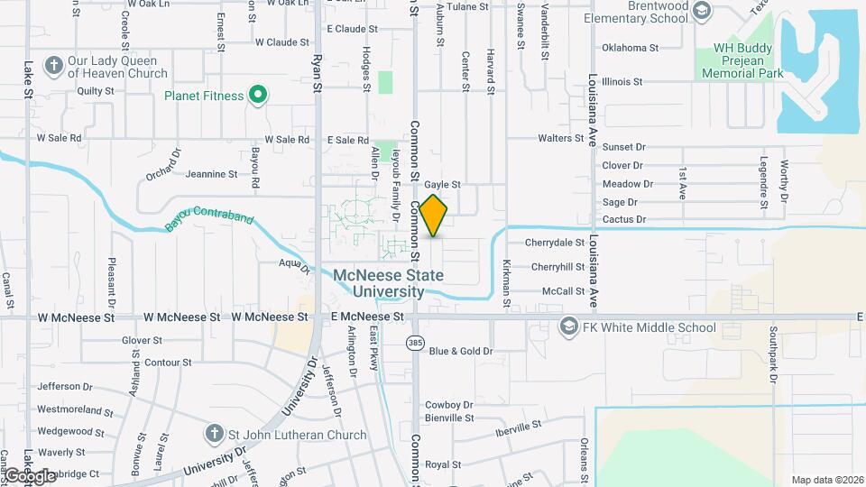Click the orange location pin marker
tap(433, 215)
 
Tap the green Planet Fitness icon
tap(258, 95)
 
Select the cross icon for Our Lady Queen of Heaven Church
tap(53, 65)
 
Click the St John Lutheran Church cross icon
tap(214, 434)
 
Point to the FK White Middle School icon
tap(568, 326)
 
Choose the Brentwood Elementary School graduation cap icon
tap(704, 11)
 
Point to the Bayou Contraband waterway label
tap(209, 221)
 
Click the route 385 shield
tap(415, 343)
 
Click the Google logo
tap(29, 475)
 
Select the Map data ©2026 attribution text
tap(826, 479)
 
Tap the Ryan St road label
tap(317, 72)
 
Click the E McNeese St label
tap(366, 317)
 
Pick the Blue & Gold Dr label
tap(461, 351)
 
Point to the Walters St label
tap(561, 138)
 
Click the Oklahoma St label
tap(630, 48)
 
